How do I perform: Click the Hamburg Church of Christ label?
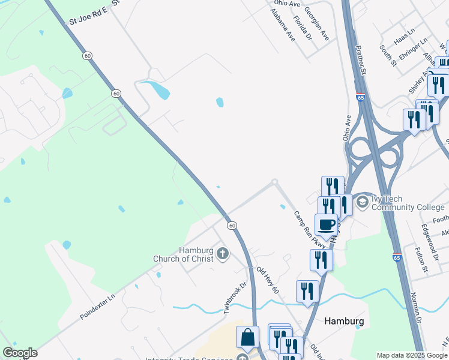[196, 254]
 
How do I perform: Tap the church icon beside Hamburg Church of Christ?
[223, 254]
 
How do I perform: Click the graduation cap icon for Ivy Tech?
[362, 202]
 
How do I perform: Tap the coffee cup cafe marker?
[326, 225]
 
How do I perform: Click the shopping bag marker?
[247, 338]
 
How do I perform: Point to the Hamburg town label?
[344, 321]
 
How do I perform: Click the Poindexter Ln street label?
[97, 306]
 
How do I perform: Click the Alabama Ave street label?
[283, 24]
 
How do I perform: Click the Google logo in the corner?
[20, 353]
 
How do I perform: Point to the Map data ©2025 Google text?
[412, 355]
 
